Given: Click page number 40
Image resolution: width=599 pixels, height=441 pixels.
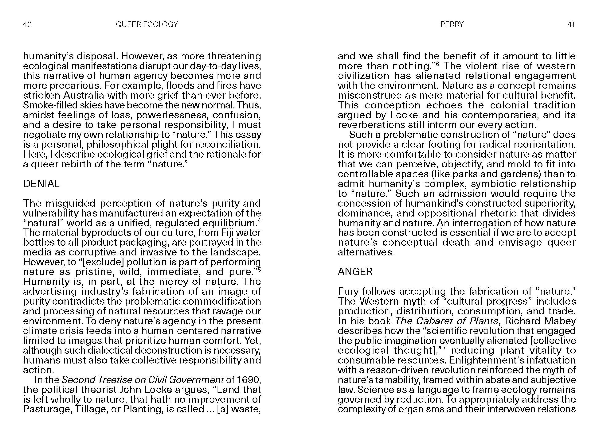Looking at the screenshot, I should (27, 24).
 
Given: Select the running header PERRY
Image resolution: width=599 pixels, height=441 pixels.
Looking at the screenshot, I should (452, 24).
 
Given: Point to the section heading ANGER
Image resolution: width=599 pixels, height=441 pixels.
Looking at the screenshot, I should (355, 272).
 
